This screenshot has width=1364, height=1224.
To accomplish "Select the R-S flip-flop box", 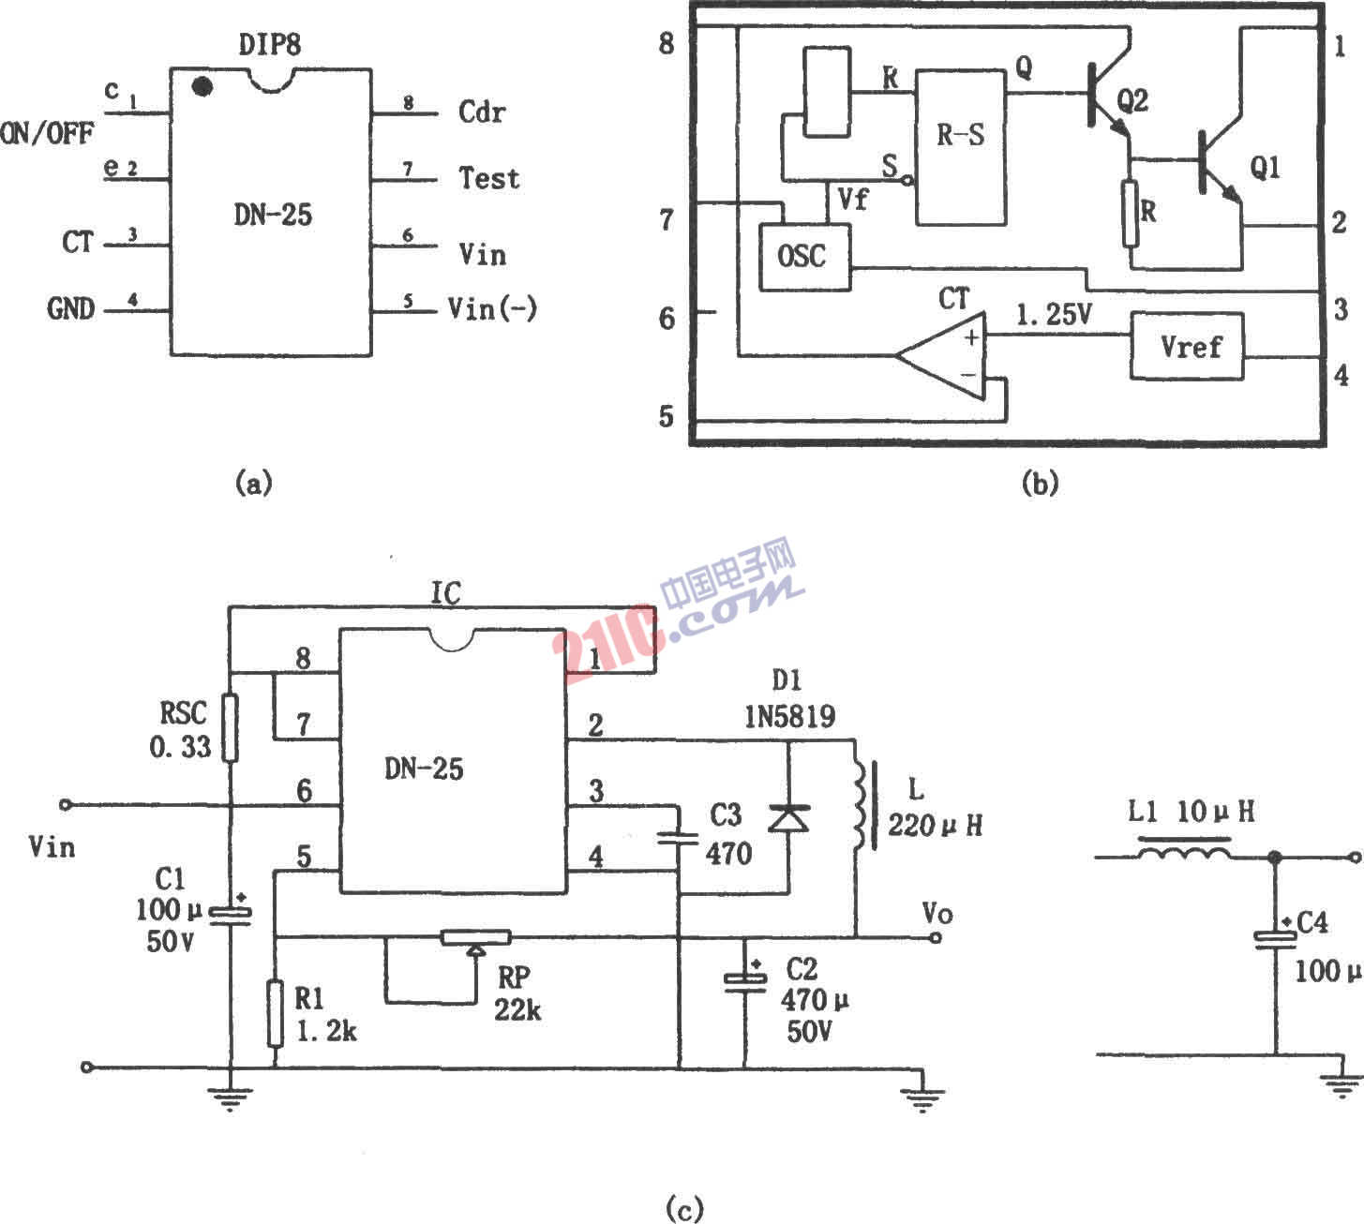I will [961, 147].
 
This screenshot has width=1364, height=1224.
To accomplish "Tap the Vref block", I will [1188, 346].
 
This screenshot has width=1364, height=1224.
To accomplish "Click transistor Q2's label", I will [1132, 99].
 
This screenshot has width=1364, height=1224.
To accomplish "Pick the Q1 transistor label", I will [1265, 169].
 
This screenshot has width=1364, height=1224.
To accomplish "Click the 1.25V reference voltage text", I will [1055, 315].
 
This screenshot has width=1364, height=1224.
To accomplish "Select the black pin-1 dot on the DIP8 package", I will [201, 87].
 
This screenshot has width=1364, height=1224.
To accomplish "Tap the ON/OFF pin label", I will [47, 133].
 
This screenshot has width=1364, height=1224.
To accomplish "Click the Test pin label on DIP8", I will [488, 178].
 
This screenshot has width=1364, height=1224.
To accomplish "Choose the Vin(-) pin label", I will [493, 307].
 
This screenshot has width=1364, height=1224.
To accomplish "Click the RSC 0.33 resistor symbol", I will [230, 727].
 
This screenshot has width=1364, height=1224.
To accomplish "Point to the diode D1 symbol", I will [788, 818].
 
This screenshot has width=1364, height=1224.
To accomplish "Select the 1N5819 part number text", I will [789, 717].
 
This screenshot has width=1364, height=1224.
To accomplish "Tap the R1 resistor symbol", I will [275, 1012].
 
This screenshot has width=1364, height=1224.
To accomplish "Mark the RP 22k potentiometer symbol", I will [475, 938].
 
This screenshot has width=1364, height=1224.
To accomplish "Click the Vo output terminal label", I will [937, 912].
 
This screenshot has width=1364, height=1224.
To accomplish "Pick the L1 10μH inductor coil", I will [1184, 852].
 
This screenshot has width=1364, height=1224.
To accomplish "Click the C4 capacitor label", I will [1312, 924].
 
